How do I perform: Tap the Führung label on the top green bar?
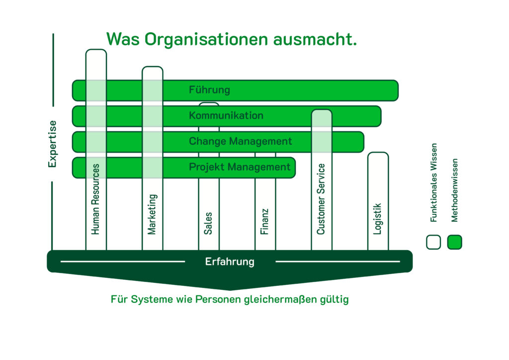(209, 90)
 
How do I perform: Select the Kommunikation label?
(226, 115)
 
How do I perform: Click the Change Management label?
(240, 141)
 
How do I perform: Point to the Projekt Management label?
(240, 167)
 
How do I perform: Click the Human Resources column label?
(95, 199)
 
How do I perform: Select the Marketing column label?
(152, 214)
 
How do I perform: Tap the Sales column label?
(208, 223)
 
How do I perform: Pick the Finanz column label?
(264, 221)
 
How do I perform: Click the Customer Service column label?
(321, 199)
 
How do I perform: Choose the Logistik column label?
(377, 219)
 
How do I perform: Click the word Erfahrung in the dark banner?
(230, 262)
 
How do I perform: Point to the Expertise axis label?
(52, 144)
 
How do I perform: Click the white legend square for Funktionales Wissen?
(433, 242)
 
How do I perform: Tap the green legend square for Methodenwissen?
(454, 242)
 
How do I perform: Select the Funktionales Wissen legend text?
(433, 183)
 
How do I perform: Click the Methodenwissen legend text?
(454, 190)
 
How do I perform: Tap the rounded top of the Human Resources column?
(96, 51)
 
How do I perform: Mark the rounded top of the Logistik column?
(378, 154)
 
